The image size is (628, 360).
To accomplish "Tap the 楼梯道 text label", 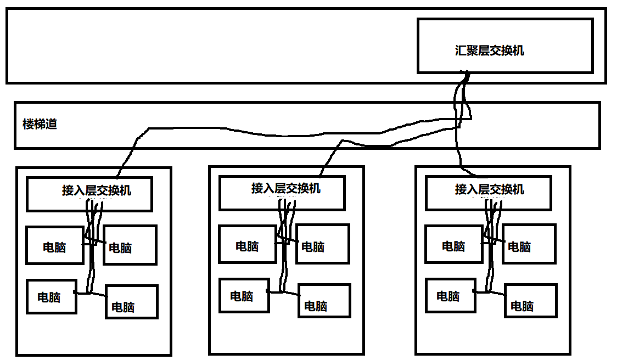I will tap(40, 124).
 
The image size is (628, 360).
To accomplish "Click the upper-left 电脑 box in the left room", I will tap(54, 245).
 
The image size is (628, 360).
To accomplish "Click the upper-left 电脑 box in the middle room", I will tap(247, 244).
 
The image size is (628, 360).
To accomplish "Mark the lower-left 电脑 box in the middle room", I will tap(244, 295).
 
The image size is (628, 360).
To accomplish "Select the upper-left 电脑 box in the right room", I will tap(453, 244).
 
